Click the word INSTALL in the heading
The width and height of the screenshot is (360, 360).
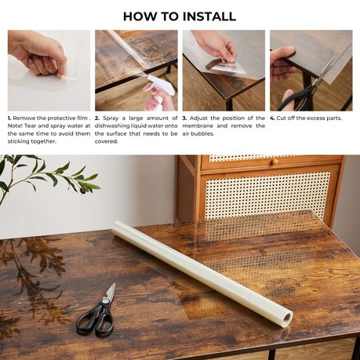point(209,16)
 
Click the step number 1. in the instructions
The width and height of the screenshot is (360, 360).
point(9,118)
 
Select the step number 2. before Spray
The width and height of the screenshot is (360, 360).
point(96,118)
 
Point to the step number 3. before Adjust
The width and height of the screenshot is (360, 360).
point(184,118)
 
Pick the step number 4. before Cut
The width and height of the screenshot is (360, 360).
point(272,118)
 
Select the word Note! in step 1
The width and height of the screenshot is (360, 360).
point(15,125)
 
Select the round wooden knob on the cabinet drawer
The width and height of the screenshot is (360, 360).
point(275,162)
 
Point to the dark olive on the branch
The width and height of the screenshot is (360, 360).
point(82,191)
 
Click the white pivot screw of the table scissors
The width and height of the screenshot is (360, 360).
point(106,302)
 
